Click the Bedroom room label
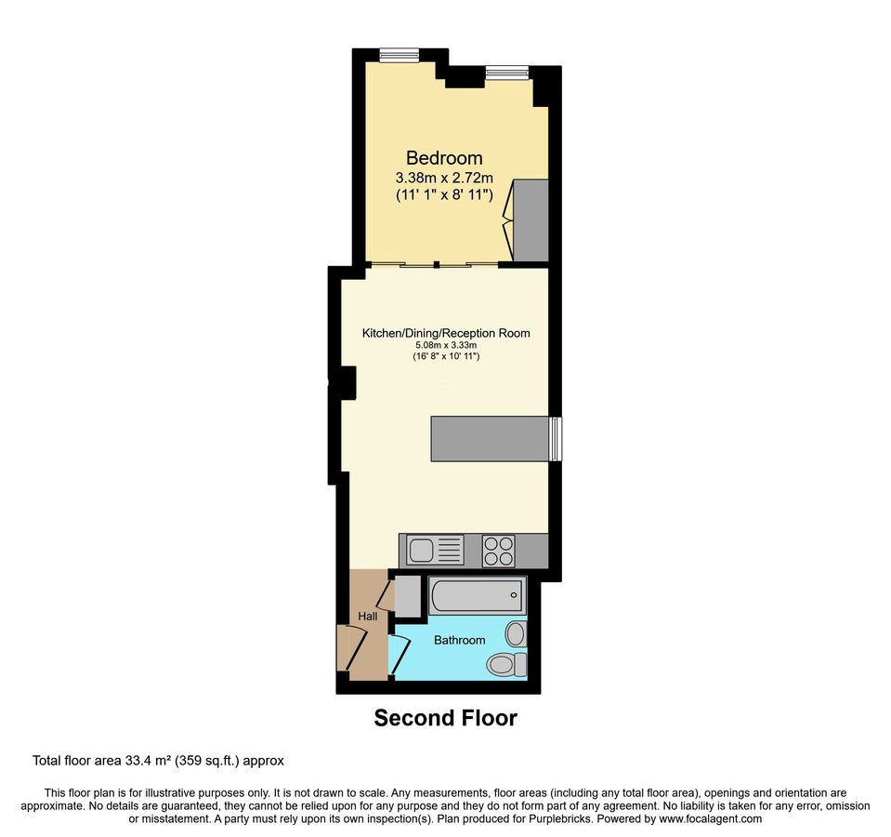click(x=444, y=157)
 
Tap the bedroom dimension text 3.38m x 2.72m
click(x=444, y=177)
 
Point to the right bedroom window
click(x=507, y=72)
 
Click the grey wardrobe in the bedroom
click(x=531, y=220)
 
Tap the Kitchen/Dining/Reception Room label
click(x=446, y=332)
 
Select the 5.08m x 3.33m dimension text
click(x=446, y=345)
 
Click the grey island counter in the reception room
click(x=490, y=438)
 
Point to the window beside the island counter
click(x=556, y=438)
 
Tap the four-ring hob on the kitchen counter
click(x=499, y=551)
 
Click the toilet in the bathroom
click(x=505, y=664)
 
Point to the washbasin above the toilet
click(x=516, y=634)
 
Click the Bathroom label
click(x=459, y=640)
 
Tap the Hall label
click(x=367, y=617)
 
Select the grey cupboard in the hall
click(x=407, y=595)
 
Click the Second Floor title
click(x=445, y=718)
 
